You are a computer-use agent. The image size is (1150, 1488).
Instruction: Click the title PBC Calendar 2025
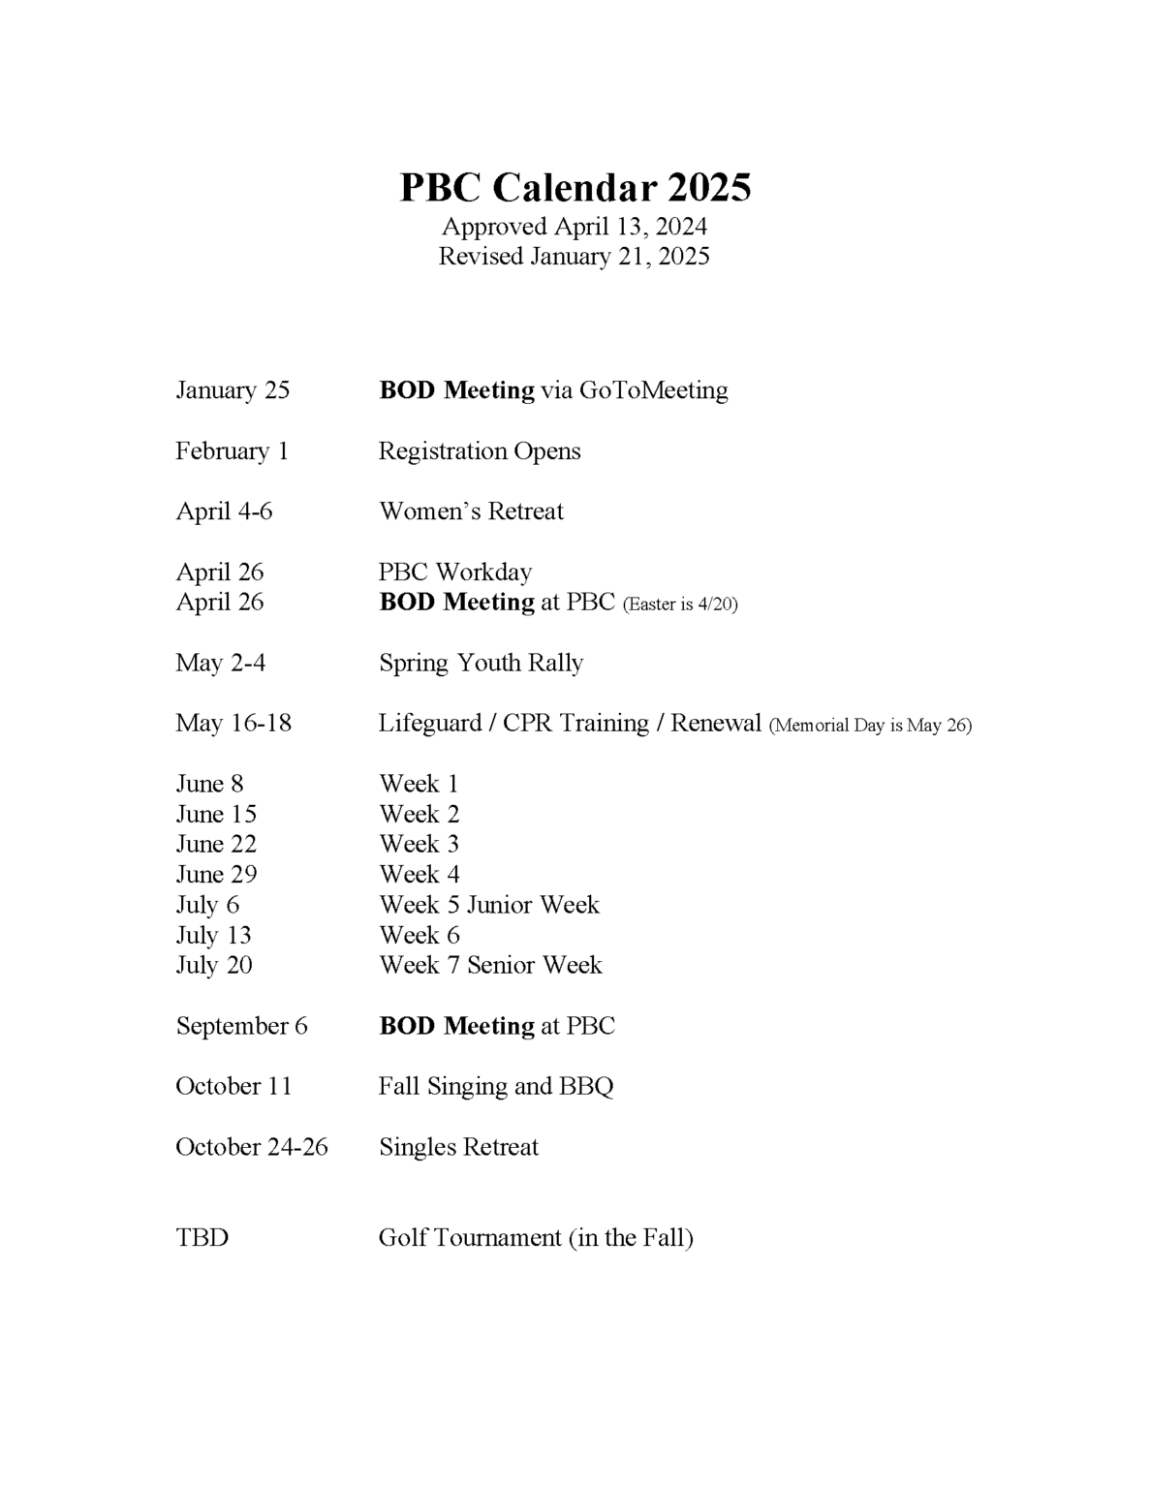point(575,187)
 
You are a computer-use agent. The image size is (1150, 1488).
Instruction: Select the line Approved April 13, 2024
point(575,227)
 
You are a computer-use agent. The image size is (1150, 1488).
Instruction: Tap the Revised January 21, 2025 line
point(575,257)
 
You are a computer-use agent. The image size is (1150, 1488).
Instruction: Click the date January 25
point(233,390)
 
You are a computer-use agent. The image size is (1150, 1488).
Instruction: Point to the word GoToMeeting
point(654,390)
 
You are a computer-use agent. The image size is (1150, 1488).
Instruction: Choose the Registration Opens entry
point(480,451)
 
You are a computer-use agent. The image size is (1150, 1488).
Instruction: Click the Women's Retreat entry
point(471,511)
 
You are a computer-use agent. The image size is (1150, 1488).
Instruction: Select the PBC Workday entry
point(455,573)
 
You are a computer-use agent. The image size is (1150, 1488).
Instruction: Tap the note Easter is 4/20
point(680,604)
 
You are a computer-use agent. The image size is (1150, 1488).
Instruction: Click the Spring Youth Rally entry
point(481,664)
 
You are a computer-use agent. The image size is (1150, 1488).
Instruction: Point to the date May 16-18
point(233,724)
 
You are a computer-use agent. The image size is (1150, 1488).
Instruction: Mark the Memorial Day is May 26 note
point(870,726)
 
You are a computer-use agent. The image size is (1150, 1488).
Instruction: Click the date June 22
point(216,844)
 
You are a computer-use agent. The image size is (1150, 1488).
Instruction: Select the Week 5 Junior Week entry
point(489,905)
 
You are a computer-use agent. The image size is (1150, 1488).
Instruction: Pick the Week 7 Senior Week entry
point(490,965)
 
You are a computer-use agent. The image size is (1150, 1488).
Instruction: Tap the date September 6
point(241,1026)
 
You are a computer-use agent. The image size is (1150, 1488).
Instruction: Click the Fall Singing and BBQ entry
point(496,1086)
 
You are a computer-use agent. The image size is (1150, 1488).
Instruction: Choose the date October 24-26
point(252,1147)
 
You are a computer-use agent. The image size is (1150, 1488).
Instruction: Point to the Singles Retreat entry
point(458,1147)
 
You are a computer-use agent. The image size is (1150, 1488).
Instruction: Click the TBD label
point(202,1238)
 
